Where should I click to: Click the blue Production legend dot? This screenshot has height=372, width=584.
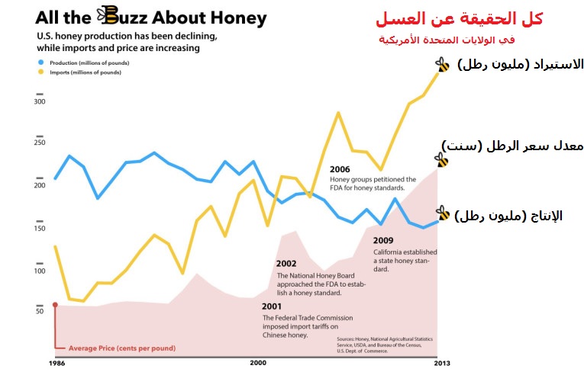click(x=40, y=62)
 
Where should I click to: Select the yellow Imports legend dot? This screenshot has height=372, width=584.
click(x=40, y=72)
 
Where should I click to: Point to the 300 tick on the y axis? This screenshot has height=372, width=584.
click(x=40, y=101)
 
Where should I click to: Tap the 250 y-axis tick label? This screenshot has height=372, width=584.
click(x=40, y=143)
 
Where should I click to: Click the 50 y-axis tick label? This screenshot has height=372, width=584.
click(x=40, y=312)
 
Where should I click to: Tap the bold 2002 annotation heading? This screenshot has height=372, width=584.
click(x=286, y=265)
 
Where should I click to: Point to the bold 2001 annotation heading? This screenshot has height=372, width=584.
click(x=272, y=307)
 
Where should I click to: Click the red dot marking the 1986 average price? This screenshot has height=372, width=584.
click(x=55, y=304)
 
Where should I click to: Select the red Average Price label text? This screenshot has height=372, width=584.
click(x=121, y=348)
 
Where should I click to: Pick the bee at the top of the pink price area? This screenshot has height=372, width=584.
click(x=441, y=159)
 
